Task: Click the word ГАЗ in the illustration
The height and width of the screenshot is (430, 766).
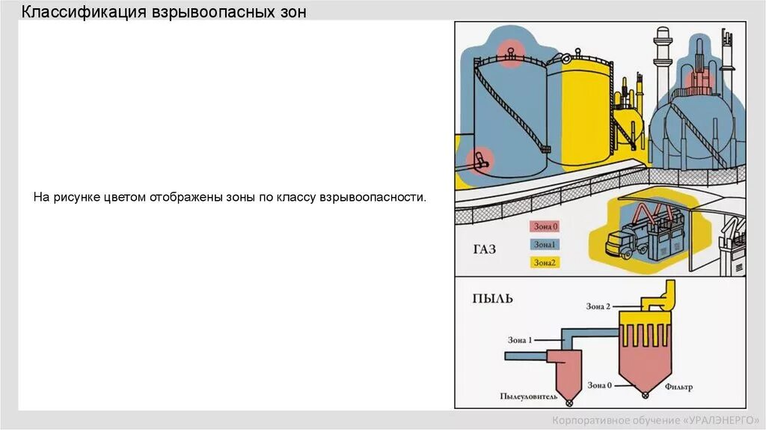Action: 484,249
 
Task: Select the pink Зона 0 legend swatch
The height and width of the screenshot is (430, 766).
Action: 545,226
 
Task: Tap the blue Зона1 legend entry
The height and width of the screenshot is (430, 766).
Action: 545,244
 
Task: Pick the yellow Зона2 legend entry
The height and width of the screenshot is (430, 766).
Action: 545,262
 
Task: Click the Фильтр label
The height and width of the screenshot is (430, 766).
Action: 678,387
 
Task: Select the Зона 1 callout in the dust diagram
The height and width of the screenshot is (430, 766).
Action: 520,340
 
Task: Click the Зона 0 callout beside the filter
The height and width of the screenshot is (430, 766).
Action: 599,385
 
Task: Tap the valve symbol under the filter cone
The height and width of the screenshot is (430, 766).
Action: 643,391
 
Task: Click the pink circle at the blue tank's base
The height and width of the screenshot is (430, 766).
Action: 479,159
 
